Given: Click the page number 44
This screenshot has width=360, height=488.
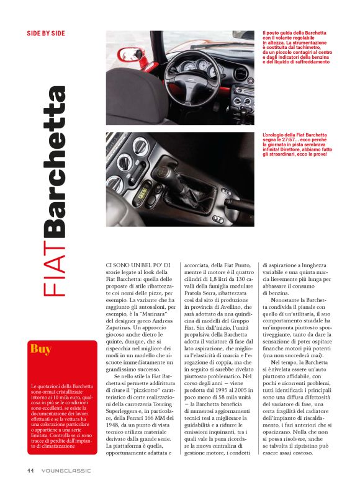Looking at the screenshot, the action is pyautogui.click(x=30, y=471).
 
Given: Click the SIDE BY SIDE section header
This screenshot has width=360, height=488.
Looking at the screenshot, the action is pyautogui.click(x=46, y=33).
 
